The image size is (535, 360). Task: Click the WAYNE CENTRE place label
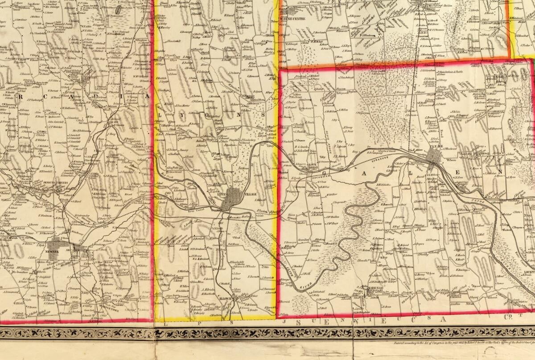pos(292,19)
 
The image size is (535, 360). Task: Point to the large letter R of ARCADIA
pos(21,96)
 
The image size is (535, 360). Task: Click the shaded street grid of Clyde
pos(434,157)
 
